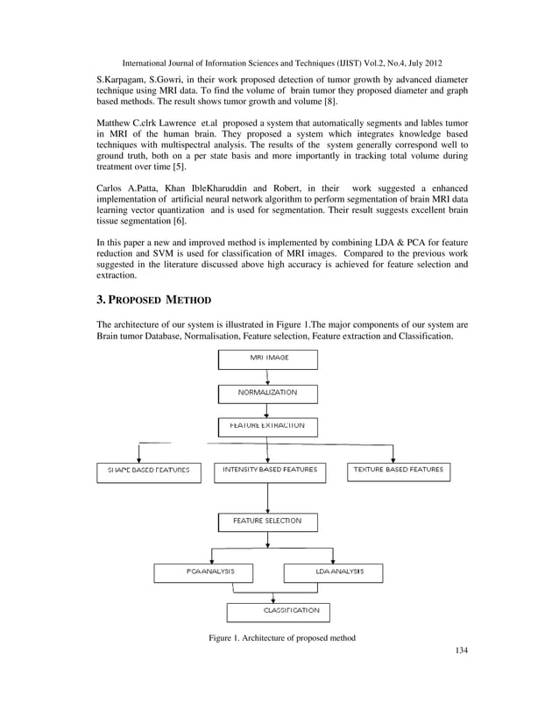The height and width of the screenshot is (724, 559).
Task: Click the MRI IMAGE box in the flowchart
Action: pos(267,359)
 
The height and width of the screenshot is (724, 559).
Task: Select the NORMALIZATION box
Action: pos(267,393)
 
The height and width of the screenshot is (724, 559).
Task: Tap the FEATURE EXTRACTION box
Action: pos(267,426)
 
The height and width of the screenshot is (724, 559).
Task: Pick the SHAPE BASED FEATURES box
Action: pos(143,472)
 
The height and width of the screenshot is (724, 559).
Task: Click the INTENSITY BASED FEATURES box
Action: pos(270,472)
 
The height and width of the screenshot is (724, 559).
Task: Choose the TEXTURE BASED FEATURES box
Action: pos(399,472)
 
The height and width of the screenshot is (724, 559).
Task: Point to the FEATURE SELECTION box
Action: pos(267,522)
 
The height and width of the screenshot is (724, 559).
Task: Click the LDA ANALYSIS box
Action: pos(335,571)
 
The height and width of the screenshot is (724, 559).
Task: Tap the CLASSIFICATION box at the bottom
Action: pos(279,611)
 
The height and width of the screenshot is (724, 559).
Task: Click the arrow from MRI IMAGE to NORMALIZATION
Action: pos(267,376)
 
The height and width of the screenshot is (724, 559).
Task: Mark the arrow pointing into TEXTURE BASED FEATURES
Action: pos(394,453)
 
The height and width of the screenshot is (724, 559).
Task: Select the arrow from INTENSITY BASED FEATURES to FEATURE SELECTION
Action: pos(267,496)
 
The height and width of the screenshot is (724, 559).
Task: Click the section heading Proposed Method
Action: pos(153,300)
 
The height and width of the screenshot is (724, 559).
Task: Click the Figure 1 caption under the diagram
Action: pos(281,638)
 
